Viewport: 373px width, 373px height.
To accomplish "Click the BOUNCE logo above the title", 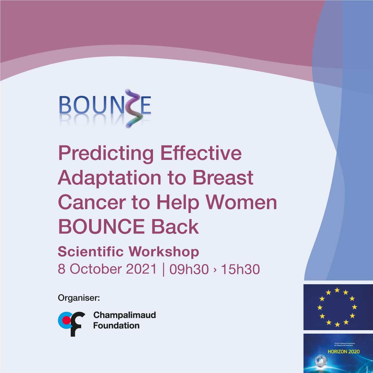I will pyautogui.click(x=105, y=107).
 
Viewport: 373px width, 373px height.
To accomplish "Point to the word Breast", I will pyautogui.click(x=223, y=178).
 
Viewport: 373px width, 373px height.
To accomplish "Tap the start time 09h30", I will pyautogui.click(x=189, y=269).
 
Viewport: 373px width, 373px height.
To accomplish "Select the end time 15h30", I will pyautogui.click(x=240, y=269).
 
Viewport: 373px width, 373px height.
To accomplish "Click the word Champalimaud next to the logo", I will pyautogui.click(x=125, y=315).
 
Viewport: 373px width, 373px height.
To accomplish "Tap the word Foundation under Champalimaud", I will pyautogui.click(x=116, y=325).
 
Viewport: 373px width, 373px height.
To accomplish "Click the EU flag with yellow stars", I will pyautogui.click(x=338, y=307).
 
